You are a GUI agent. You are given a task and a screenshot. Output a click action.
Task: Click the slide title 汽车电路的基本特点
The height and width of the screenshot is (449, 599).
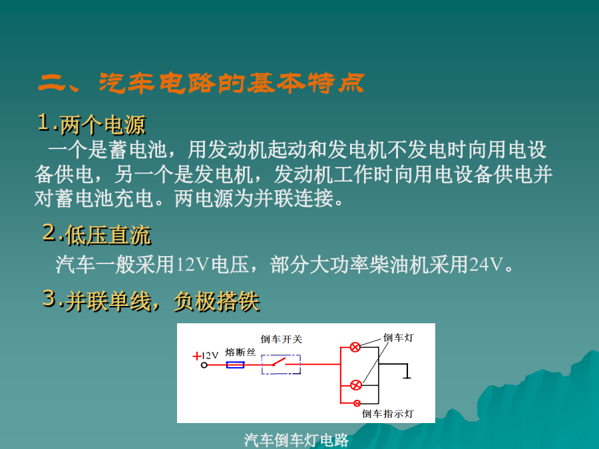tap(232, 83)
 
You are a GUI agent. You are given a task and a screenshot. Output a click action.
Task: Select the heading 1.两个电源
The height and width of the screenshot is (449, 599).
tap(92, 124)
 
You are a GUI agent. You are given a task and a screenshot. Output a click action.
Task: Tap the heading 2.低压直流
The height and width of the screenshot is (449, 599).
tap(97, 234)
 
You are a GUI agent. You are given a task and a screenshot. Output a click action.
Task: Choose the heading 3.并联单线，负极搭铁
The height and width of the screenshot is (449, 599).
tap(151, 301)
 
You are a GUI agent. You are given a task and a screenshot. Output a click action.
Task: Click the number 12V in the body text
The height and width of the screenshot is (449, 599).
tap(194, 264)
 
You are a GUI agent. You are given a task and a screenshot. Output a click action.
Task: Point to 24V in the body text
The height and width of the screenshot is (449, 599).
tap(486, 264)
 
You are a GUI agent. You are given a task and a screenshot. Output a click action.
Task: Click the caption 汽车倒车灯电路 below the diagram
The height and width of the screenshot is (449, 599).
tap(296, 440)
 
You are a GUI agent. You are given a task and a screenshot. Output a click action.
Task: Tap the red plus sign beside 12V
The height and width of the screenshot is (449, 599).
tap(197, 357)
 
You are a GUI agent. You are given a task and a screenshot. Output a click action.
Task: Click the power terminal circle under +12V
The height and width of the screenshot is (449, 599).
tap(204, 365)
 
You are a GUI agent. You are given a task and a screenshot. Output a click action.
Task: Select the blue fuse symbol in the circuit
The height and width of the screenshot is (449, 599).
tap(235, 365)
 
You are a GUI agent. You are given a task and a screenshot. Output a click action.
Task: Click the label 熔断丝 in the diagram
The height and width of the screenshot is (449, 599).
tap(240, 352)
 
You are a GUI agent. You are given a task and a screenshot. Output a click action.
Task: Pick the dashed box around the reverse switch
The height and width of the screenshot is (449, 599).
tap(281, 365)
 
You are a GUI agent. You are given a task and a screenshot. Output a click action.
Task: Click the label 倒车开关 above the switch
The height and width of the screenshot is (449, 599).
tap(282, 339)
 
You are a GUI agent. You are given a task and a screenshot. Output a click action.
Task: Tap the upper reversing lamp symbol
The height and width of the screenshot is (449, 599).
tap(355, 347)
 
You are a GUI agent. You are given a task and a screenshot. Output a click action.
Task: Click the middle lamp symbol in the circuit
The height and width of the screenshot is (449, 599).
tap(355, 385)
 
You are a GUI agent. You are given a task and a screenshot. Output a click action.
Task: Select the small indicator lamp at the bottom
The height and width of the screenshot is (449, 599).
tap(357, 403)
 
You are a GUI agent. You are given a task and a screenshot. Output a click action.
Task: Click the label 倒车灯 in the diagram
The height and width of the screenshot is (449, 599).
tap(399, 337)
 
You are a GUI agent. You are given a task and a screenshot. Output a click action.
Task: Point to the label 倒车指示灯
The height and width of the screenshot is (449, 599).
tap(388, 414)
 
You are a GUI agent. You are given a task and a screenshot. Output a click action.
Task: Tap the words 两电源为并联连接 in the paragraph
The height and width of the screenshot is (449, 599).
tap(254, 198)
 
